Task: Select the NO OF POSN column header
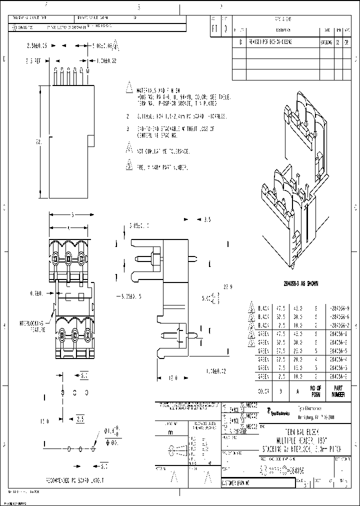[x=316, y=391]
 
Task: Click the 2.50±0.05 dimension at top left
[x=36, y=45]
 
